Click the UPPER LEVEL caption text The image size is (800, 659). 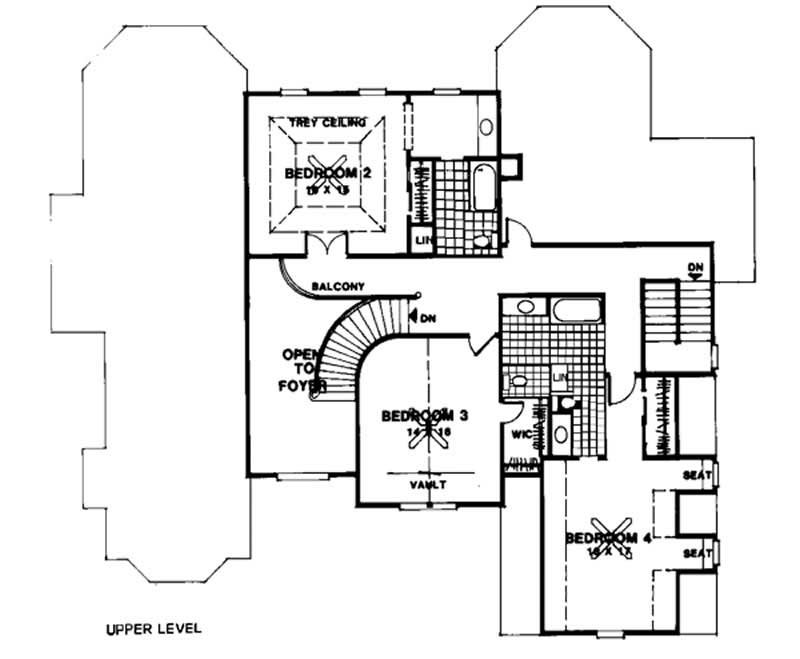(x=153, y=629)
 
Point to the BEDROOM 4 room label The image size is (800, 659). (x=608, y=538)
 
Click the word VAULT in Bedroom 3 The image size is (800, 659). (x=427, y=484)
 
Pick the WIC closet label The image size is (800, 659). (x=520, y=435)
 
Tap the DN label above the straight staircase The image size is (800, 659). (x=696, y=267)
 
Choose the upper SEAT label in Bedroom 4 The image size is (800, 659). (x=697, y=476)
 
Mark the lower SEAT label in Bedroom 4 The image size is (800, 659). (x=697, y=553)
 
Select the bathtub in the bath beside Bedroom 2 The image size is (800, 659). (x=484, y=188)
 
